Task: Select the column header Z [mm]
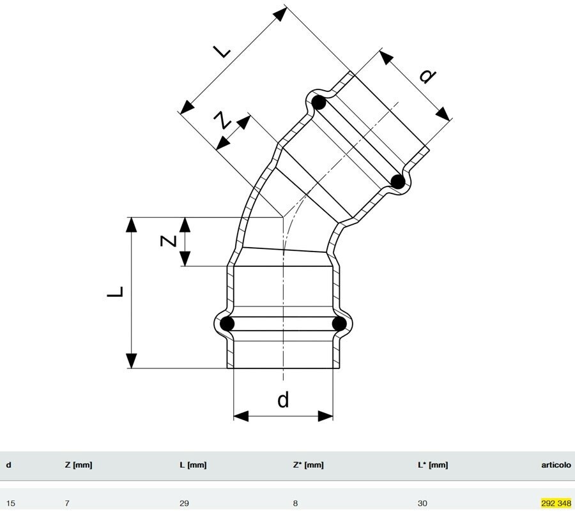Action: click(x=79, y=465)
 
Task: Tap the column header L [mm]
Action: click(x=193, y=465)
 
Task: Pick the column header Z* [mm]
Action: click(x=308, y=465)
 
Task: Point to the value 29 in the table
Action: click(x=184, y=503)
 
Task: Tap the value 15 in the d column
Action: click(x=10, y=503)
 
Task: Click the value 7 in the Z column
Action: click(x=67, y=503)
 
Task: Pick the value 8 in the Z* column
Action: click(x=296, y=503)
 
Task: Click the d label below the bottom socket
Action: click(x=283, y=400)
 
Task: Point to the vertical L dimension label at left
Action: click(x=115, y=292)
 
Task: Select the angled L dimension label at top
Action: click(x=223, y=50)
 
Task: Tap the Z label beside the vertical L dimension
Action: click(x=168, y=241)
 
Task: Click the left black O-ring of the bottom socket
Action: click(x=227, y=324)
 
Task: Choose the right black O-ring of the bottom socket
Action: click(x=339, y=324)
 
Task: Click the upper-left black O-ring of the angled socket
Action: click(x=319, y=102)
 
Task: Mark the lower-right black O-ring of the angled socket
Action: click(x=398, y=181)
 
